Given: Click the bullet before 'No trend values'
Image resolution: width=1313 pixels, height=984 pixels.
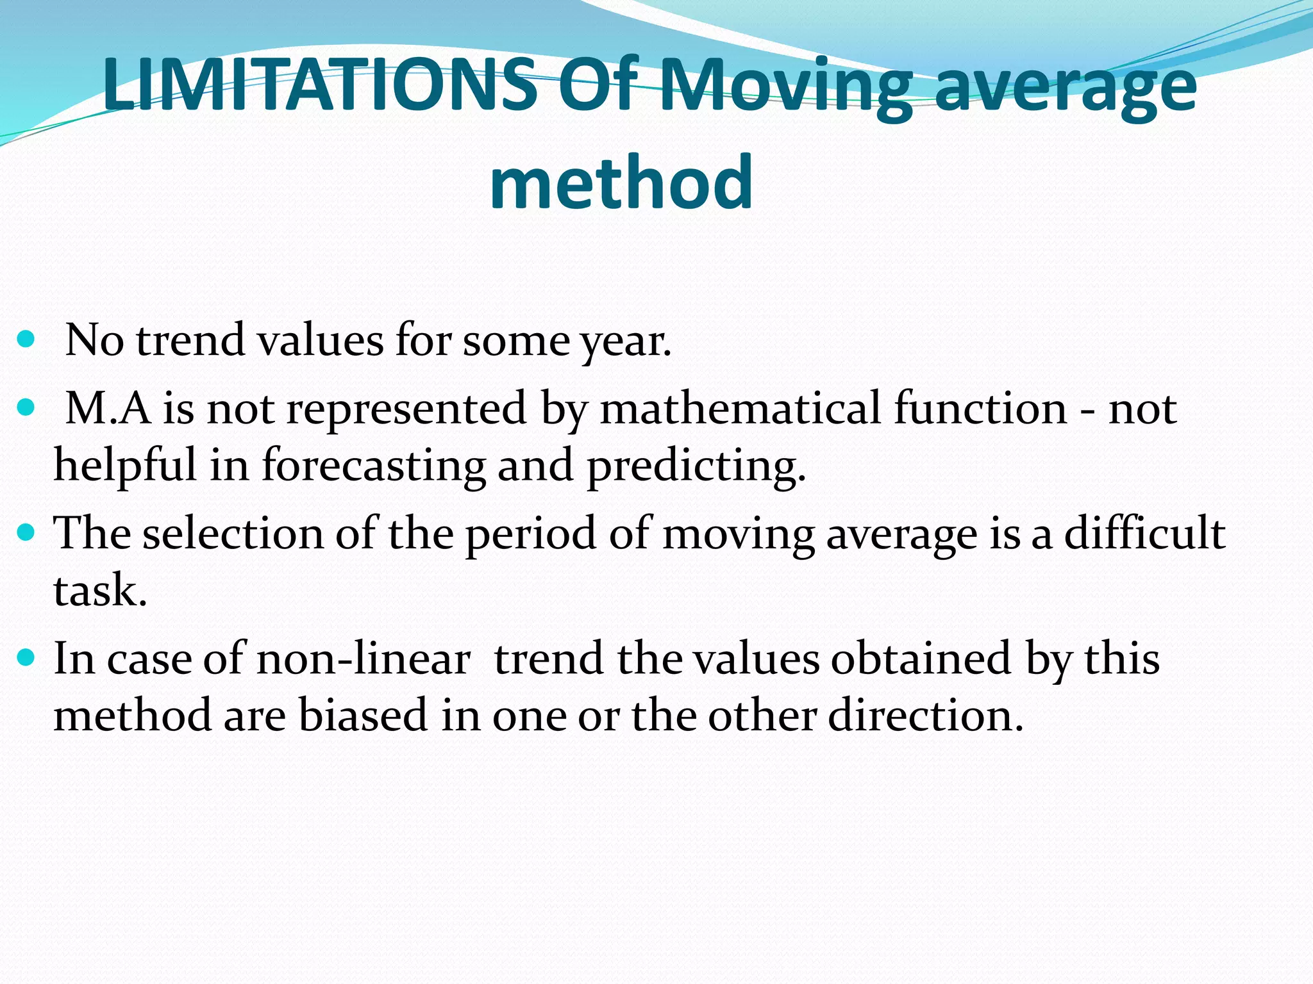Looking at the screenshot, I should [26, 339].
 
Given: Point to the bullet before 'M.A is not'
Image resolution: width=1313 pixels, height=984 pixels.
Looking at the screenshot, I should [26, 407].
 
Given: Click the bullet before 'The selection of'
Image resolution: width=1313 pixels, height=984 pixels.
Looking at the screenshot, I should [26, 532].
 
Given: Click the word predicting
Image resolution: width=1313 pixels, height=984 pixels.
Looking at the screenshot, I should [696, 464].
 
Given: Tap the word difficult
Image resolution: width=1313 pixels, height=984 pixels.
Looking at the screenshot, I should [1144, 532].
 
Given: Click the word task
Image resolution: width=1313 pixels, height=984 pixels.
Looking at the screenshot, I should [99, 590].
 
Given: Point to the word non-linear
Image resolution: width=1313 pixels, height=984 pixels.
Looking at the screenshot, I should [363, 659].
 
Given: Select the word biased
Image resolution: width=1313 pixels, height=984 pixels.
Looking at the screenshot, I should [362, 715].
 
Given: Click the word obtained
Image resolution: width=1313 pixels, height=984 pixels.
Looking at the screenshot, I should [921, 659].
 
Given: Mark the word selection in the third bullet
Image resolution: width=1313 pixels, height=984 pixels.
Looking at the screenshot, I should [233, 532].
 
